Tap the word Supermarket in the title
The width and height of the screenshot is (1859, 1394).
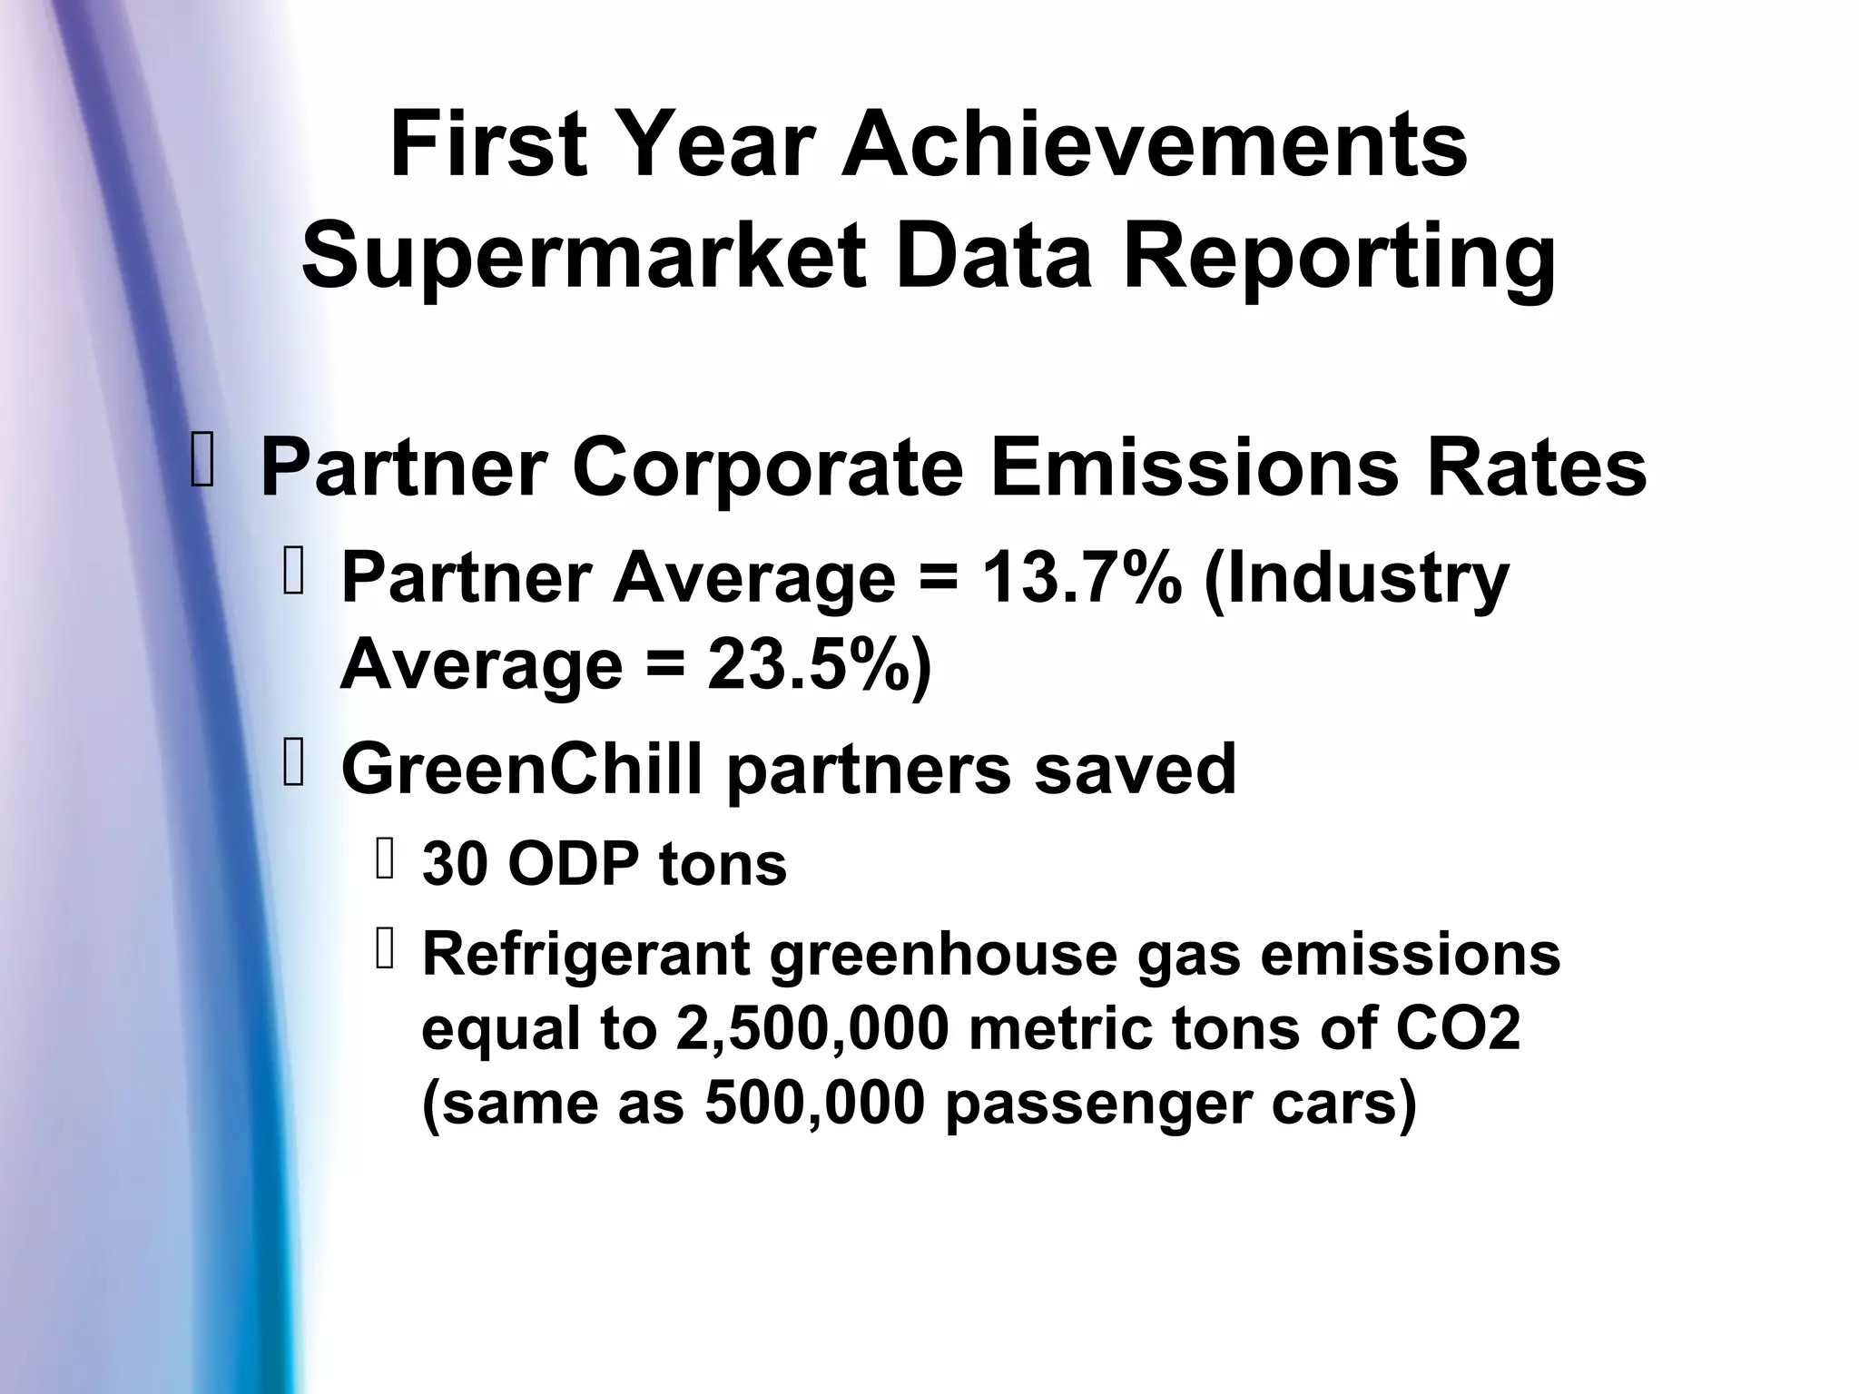tap(584, 257)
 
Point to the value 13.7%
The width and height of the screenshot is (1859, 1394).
tap(1081, 578)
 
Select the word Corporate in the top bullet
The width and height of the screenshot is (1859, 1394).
tap(767, 468)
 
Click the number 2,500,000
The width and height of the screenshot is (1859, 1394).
tap(812, 1030)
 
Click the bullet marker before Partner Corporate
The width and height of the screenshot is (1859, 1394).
tap(202, 460)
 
